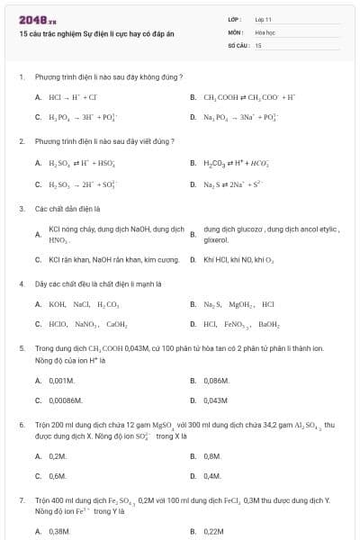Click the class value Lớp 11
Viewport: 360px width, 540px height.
click(263, 19)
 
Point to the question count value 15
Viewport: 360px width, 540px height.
click(258, 44)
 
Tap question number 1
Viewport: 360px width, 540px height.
click(21, 76)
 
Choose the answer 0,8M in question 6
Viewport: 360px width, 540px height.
click(211, 456)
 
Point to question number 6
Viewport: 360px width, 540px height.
click(21, 422)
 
